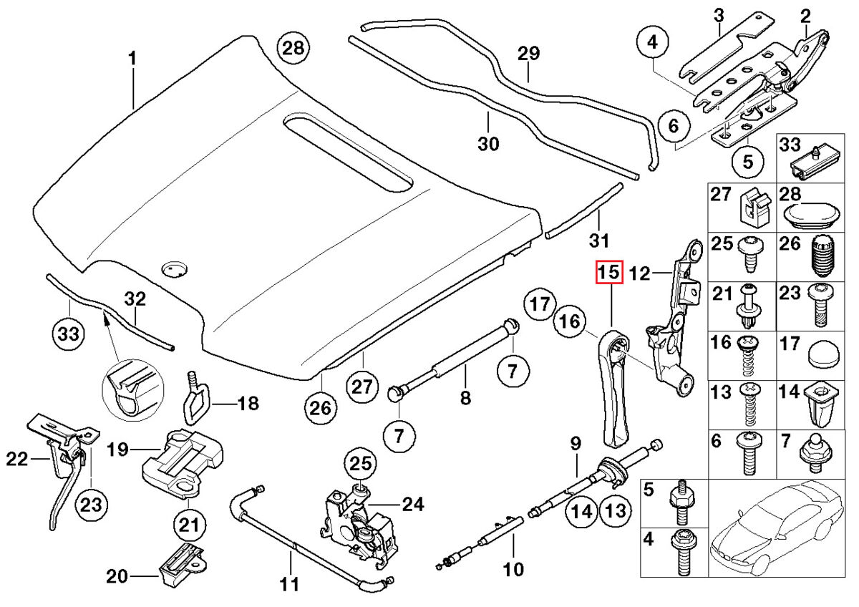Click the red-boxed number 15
point(609,273)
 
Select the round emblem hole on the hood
point(173,269)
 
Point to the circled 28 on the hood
point(293,49)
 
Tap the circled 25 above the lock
point(361,464)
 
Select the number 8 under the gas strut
point(465,398)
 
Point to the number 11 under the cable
point(288,584)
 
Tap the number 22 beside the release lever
point(16,460)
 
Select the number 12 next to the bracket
point(639,273)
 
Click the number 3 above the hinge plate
point(719,14)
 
